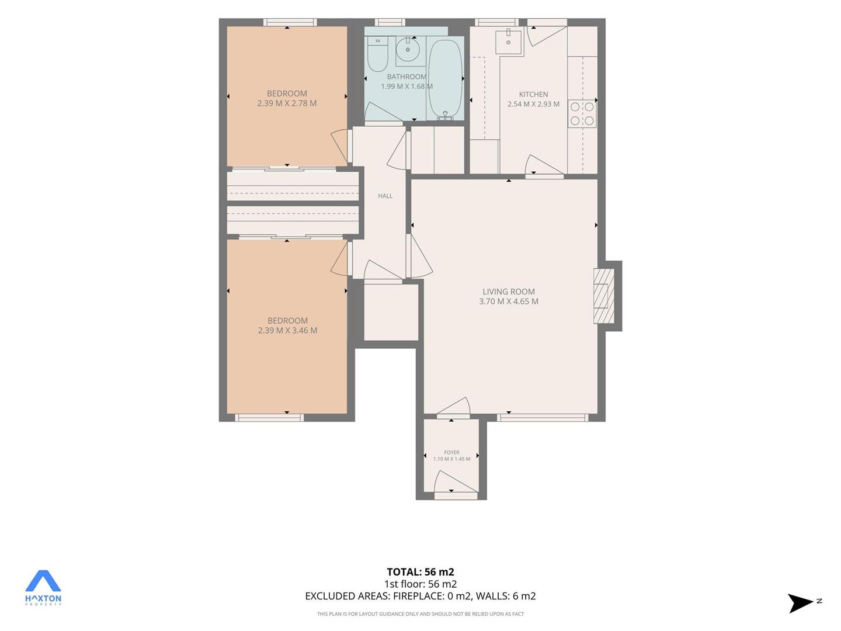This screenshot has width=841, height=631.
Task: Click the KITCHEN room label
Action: point(533,94)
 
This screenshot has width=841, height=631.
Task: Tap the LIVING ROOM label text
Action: point(509,292)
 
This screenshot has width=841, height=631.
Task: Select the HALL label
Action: point(385,196)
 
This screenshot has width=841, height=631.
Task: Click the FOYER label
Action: point(451,452)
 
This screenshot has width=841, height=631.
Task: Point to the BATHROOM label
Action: point(406,77)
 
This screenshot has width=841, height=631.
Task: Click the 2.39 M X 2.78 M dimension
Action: point(287,103)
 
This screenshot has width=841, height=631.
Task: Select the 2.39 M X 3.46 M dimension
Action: point(287,330)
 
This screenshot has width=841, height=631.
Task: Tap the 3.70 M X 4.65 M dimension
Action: point(509,301)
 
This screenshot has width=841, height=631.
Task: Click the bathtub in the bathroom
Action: point(444,79)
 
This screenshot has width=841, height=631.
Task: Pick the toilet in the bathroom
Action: point(378,54)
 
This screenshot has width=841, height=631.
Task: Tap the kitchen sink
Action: point(509,41)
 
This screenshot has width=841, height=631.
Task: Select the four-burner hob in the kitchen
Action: point(582,114)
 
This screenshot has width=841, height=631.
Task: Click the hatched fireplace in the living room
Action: point(604,296)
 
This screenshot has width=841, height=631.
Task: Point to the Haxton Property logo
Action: point(43,588)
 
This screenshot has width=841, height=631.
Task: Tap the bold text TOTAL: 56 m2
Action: point(420,572)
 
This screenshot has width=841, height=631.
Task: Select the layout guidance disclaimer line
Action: point(420,613)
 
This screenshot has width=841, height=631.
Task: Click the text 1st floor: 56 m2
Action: point(420,584)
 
